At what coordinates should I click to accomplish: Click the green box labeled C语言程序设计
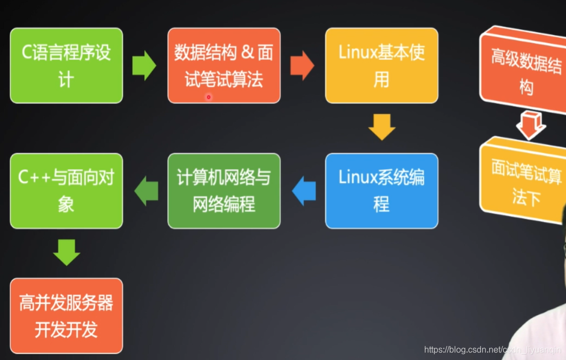pos(67,66)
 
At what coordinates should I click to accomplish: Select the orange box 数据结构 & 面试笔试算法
pos(224,66)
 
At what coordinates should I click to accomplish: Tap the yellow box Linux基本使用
pos(381,66)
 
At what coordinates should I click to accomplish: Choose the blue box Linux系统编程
pos(381,191)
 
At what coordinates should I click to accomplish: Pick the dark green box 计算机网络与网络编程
pos(224,191)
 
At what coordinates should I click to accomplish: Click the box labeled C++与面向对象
pos(67,191)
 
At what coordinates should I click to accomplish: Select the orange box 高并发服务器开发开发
pos(67,316)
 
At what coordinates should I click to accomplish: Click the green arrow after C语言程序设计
pos(144,66)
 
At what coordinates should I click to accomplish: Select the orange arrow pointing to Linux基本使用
pos(302,66)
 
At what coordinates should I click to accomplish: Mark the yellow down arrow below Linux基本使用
pos(381,127)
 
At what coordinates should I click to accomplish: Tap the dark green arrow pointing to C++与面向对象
pos(146,191)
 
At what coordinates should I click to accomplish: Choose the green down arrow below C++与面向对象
pos(67,252)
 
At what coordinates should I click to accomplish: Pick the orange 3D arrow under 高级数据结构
pos(530,126)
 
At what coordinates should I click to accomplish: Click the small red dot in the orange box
pos(208,97)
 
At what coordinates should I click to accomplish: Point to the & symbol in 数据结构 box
pos(247,53)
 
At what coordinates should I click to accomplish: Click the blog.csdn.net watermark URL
pos(492,350)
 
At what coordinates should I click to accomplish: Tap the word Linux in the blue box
pos(357,178)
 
